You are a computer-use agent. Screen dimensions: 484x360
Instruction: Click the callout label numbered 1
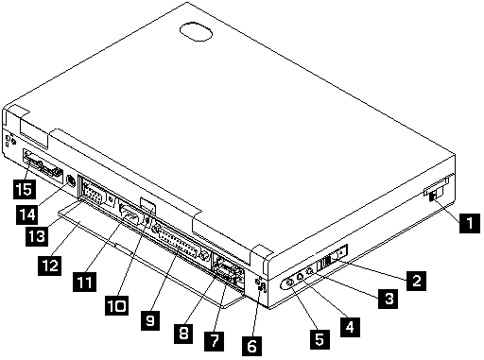(470, 223)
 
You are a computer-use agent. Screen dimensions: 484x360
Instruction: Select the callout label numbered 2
(416, 281)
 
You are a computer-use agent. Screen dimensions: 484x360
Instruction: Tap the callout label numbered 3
(389, 299)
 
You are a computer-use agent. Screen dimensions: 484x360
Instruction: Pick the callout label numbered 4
(350, 327)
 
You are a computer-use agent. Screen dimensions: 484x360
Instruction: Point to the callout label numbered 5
(320, 339)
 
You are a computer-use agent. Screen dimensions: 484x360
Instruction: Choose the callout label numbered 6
(251, 346)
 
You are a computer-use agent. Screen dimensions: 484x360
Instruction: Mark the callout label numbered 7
(215, 341)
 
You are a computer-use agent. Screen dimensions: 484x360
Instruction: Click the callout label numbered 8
(183, 333)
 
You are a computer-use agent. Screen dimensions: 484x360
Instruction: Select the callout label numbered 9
(150, 320)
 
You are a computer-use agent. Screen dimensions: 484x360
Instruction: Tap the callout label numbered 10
(116, 305)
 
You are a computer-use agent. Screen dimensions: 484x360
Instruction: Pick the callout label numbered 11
(84, 283)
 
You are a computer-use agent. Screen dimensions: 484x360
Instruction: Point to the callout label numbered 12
(49, 266)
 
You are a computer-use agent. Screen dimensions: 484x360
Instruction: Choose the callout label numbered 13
(37, 236)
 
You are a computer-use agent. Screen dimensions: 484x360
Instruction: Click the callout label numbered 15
(25, 189)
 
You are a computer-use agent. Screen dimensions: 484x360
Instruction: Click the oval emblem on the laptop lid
(196, 31)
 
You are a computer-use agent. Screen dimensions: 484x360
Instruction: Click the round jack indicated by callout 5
(289, 283)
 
